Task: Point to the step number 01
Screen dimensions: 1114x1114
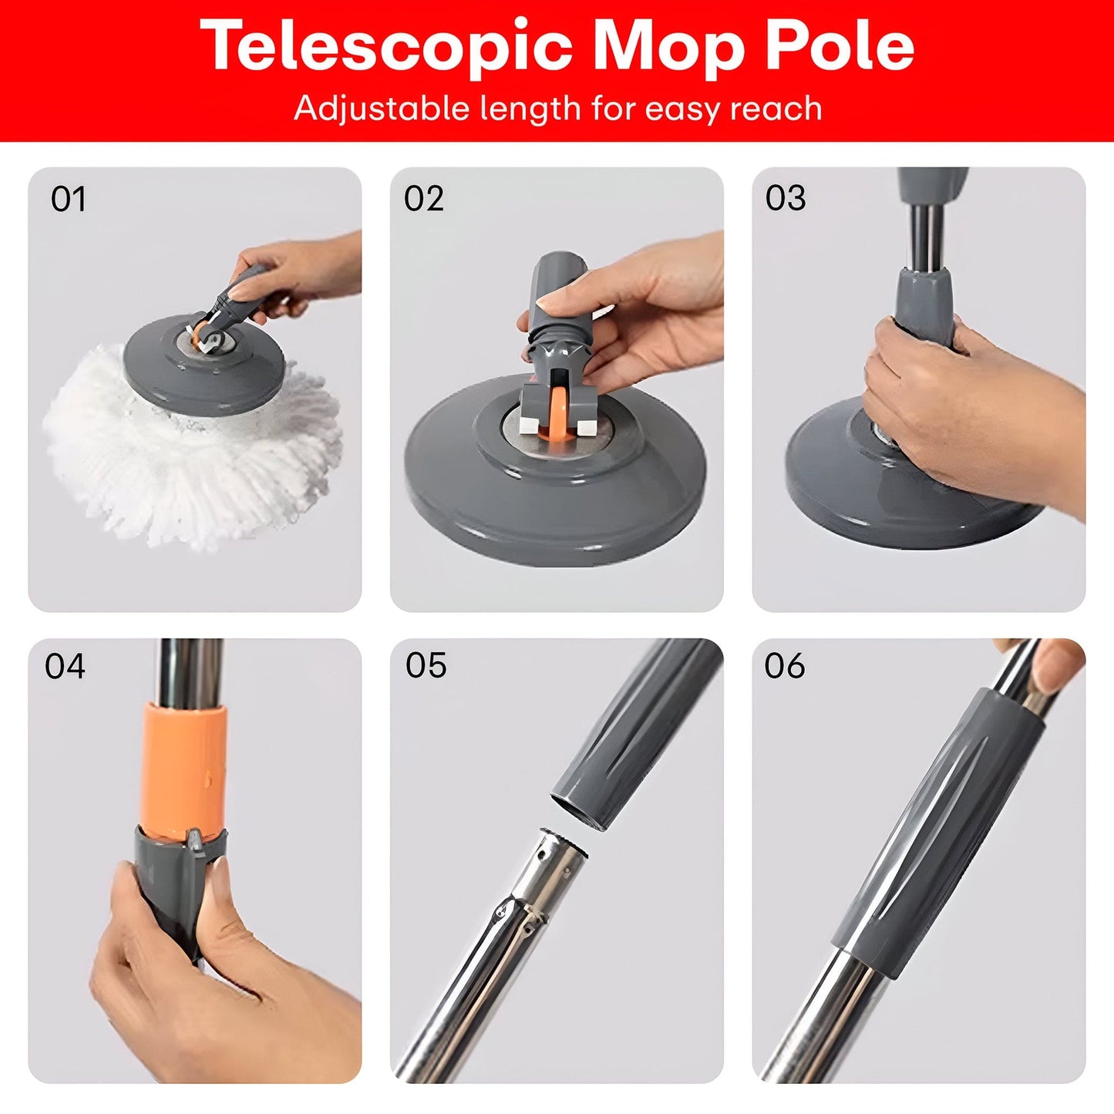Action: (68, 200)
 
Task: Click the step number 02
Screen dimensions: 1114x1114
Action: (424, 199)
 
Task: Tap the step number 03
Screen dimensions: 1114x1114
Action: (786, 198)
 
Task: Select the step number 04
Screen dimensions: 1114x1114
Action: (65, 666)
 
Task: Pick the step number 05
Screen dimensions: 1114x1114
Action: (426, 665)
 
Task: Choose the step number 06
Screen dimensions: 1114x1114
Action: (785, 666)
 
